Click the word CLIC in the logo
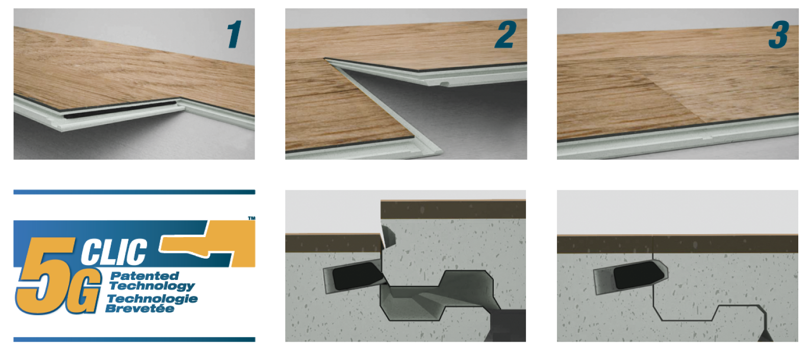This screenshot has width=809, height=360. click(114, 251)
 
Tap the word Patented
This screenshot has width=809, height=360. click(145, 276)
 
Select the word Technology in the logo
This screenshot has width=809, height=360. click(152, 287)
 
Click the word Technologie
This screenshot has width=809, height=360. click(153, 299)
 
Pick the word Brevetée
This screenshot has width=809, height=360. click(140, 308)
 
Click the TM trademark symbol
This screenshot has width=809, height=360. click(251, 218)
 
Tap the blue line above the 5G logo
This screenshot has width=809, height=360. click(134, 192)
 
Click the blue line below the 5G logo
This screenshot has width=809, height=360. click(134, 340)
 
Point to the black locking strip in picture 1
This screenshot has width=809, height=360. click(120, 110)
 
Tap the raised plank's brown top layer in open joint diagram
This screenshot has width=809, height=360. click(453, 210)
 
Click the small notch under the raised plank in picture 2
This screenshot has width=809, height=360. click(445, 84)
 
